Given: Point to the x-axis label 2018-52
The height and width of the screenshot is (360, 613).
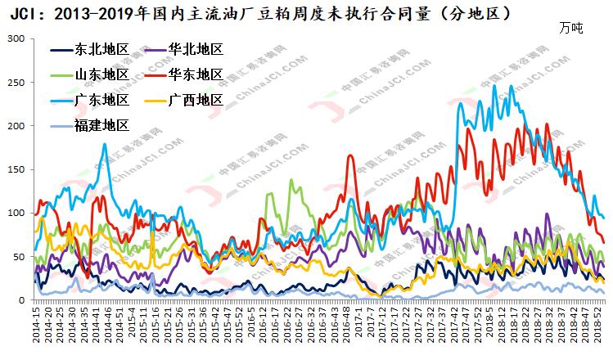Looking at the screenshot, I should click(600, 326).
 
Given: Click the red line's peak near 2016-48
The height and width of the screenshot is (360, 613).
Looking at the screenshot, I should click(350, 155).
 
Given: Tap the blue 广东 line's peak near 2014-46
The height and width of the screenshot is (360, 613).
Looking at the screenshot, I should click(105, 145).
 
